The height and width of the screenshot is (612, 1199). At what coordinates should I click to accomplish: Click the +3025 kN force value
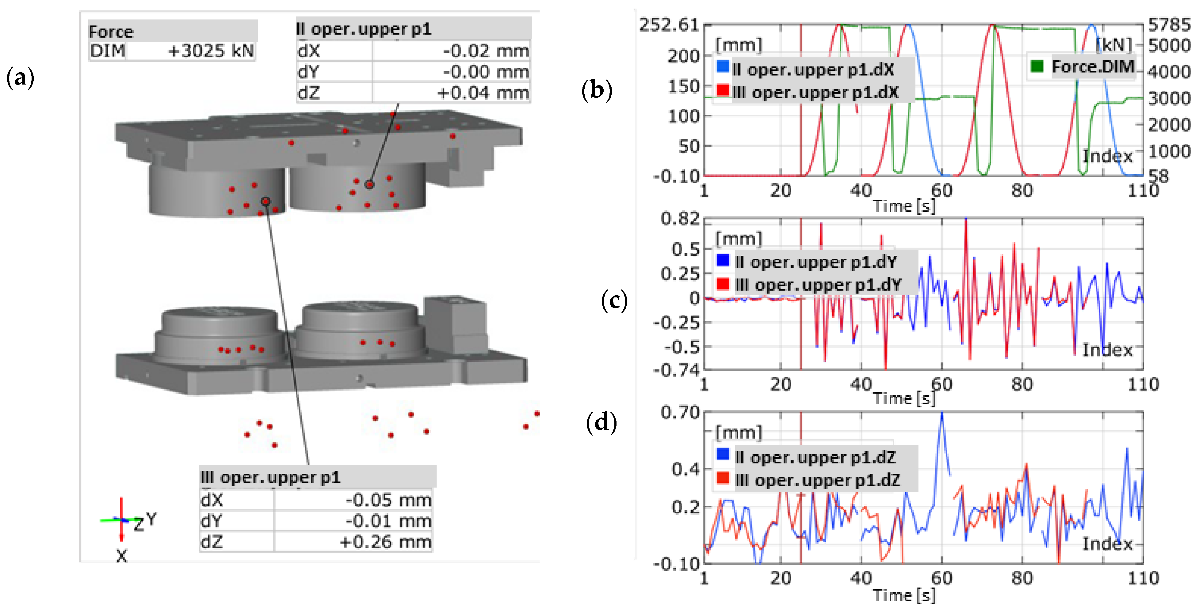(210, 51)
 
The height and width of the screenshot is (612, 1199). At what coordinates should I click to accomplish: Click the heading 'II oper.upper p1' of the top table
(364, 29)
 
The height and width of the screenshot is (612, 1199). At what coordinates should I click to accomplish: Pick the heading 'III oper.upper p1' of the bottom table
(271, 478)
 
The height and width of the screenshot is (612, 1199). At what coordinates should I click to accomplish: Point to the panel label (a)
(20, 78)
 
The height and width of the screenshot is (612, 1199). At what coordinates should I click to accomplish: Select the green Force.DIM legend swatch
(1037, 66)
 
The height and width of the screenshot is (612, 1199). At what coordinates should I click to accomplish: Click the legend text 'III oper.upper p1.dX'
(815, 93)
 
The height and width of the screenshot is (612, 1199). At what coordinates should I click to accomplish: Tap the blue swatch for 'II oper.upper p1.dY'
(723, 260)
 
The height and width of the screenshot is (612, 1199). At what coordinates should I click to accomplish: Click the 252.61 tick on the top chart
(669, 25)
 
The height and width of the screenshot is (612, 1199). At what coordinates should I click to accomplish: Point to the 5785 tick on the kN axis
(1168, 25)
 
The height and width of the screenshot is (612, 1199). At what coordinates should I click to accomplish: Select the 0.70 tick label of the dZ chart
(680, 412)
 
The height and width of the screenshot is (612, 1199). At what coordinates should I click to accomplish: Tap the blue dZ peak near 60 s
(941, 414)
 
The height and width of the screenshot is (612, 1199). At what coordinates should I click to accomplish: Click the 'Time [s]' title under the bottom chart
(903, 595)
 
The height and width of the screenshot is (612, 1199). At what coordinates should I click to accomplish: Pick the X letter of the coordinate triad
(121, 555)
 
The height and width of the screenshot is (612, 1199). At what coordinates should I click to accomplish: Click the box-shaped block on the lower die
(455, 321)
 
